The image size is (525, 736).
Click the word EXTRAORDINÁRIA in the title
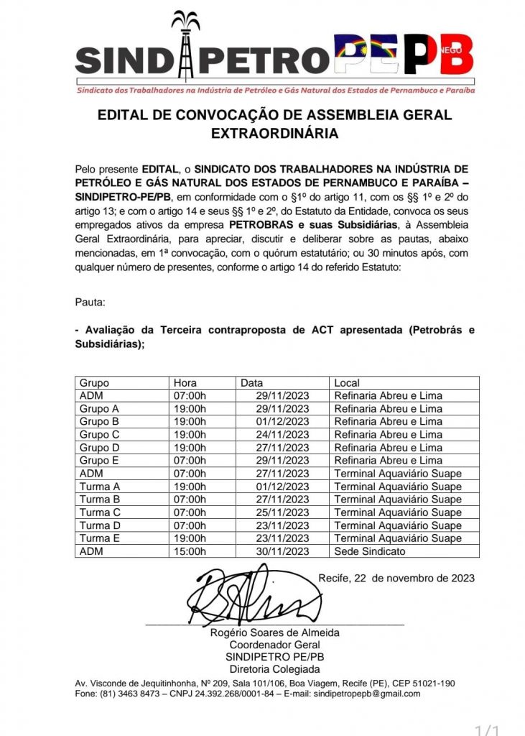tap(274, 133)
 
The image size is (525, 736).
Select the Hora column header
tap(185, 383)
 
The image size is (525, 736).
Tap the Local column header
tap(347, 383)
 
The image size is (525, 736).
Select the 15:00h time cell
tap(190, 551)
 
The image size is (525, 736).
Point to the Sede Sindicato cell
tap(369, 551)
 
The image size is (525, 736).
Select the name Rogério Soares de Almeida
tap(274, 633)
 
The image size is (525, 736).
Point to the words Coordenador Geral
tap(274, 645)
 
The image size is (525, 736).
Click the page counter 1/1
tap(488, 730)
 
